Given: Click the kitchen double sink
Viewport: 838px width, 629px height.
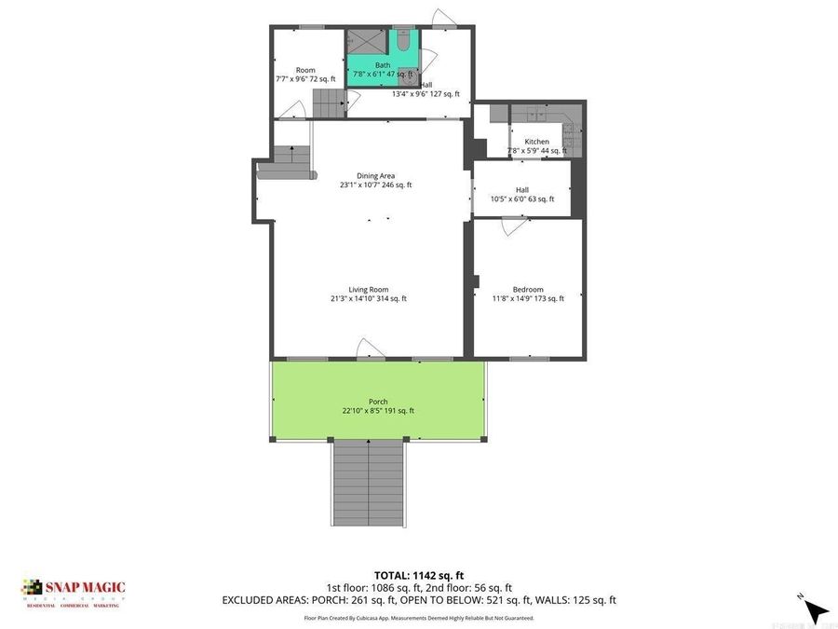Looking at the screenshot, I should click(x=537, y=116).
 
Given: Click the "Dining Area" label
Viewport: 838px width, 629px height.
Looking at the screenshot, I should click(x=375, y=175).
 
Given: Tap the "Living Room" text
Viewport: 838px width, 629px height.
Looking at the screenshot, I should click(x=368, y=289).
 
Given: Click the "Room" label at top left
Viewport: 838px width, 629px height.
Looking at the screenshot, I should click(x=305, y=70).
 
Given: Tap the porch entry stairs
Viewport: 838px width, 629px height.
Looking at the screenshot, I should click(x=370, y=484).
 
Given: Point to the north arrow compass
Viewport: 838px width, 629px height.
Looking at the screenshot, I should click(x=815, y=609).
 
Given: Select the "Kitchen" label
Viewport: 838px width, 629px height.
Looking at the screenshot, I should click(x=536, y=142).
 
